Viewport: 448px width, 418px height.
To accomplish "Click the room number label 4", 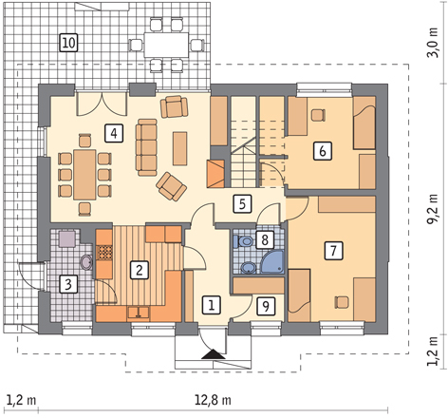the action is tap(114, 133).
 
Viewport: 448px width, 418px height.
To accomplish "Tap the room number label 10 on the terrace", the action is tap(68, 43).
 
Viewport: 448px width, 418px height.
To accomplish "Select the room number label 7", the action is tap(333, 251).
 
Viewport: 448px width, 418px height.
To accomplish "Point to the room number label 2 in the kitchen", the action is tap(140, 270).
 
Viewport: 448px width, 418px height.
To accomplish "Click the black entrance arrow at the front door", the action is tap(214, 354).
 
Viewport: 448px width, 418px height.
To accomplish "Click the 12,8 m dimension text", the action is tap(213, 400).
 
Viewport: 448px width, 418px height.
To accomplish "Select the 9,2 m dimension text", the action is tap(433, 209).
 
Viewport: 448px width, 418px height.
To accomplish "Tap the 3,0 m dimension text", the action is tap(433, 43).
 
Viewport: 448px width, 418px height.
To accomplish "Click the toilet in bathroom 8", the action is tap(243, 241).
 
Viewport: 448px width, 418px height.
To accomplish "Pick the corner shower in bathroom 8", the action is tap(272, 262).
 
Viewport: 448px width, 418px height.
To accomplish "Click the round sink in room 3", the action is tap(86, 262).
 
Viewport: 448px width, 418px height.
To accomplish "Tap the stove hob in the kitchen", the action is tap(104, 253).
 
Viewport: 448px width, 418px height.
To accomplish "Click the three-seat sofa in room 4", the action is tap(146, 147).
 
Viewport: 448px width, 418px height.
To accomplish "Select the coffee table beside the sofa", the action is tap(179, 148).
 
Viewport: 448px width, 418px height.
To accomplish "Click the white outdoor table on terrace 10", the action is tap(166, 45).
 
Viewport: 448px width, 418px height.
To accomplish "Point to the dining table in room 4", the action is tap(84, 175).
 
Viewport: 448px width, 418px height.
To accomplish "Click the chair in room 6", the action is tap(318, 115).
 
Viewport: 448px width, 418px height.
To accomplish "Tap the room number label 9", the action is tap(266, 306).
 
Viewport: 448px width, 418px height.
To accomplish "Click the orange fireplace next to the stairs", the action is tap(215, 174).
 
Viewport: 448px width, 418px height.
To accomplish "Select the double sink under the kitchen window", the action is tap(139, 313).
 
